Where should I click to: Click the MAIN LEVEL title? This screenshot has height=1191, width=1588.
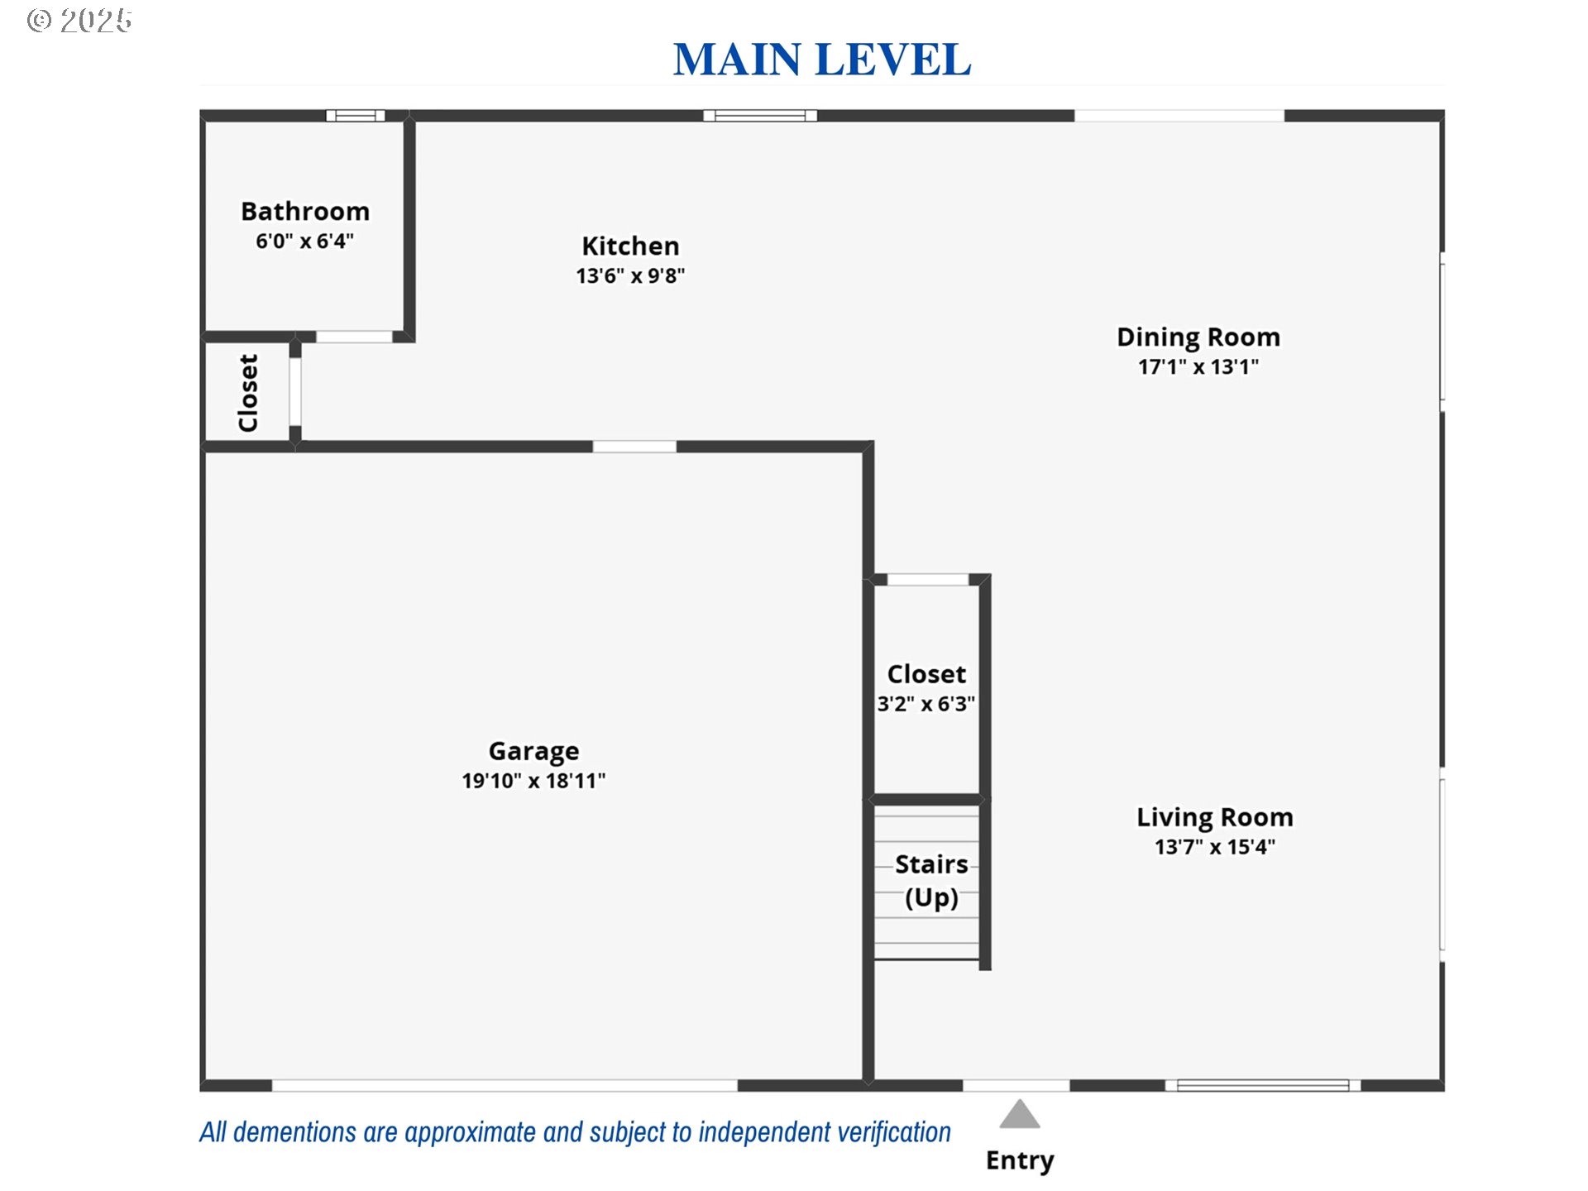tap(822, 60)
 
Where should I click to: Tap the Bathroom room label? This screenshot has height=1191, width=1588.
tap(305, 211)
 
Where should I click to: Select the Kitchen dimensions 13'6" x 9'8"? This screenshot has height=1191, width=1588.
tap(630, 275)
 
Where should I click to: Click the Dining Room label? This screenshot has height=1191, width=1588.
tap(1198, 337)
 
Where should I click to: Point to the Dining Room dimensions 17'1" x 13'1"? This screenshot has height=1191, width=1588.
tap(1198, 366)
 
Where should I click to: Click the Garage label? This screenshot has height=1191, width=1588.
tap(533, 751)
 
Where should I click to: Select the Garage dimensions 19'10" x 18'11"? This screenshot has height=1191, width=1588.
tap(533, 780)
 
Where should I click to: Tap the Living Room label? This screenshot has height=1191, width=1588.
tap(1215, 817)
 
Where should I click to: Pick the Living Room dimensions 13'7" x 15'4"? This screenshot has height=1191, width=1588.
tap(1215, 846)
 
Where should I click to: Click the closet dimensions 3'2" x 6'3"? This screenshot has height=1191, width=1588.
tap(926, 704)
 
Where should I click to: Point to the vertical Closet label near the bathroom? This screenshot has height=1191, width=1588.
tap(248, 393)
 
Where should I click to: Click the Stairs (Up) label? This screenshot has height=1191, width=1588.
tap(931, 881)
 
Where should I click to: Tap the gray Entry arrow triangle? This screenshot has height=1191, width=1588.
tap(1019, 1115)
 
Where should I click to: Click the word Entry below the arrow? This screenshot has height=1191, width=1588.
tap(1020, 1160)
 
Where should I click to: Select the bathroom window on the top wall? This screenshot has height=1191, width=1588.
tap(356, 116)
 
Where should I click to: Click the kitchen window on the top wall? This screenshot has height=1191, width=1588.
tap(760, 116)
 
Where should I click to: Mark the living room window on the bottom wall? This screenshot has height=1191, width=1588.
tap(1263, 1085)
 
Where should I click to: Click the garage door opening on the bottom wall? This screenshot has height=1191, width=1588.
tap(505, 1085)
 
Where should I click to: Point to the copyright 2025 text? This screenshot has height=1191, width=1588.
tap(79, 21)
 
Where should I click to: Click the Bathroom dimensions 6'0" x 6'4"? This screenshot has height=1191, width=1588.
tap(305, 241)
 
